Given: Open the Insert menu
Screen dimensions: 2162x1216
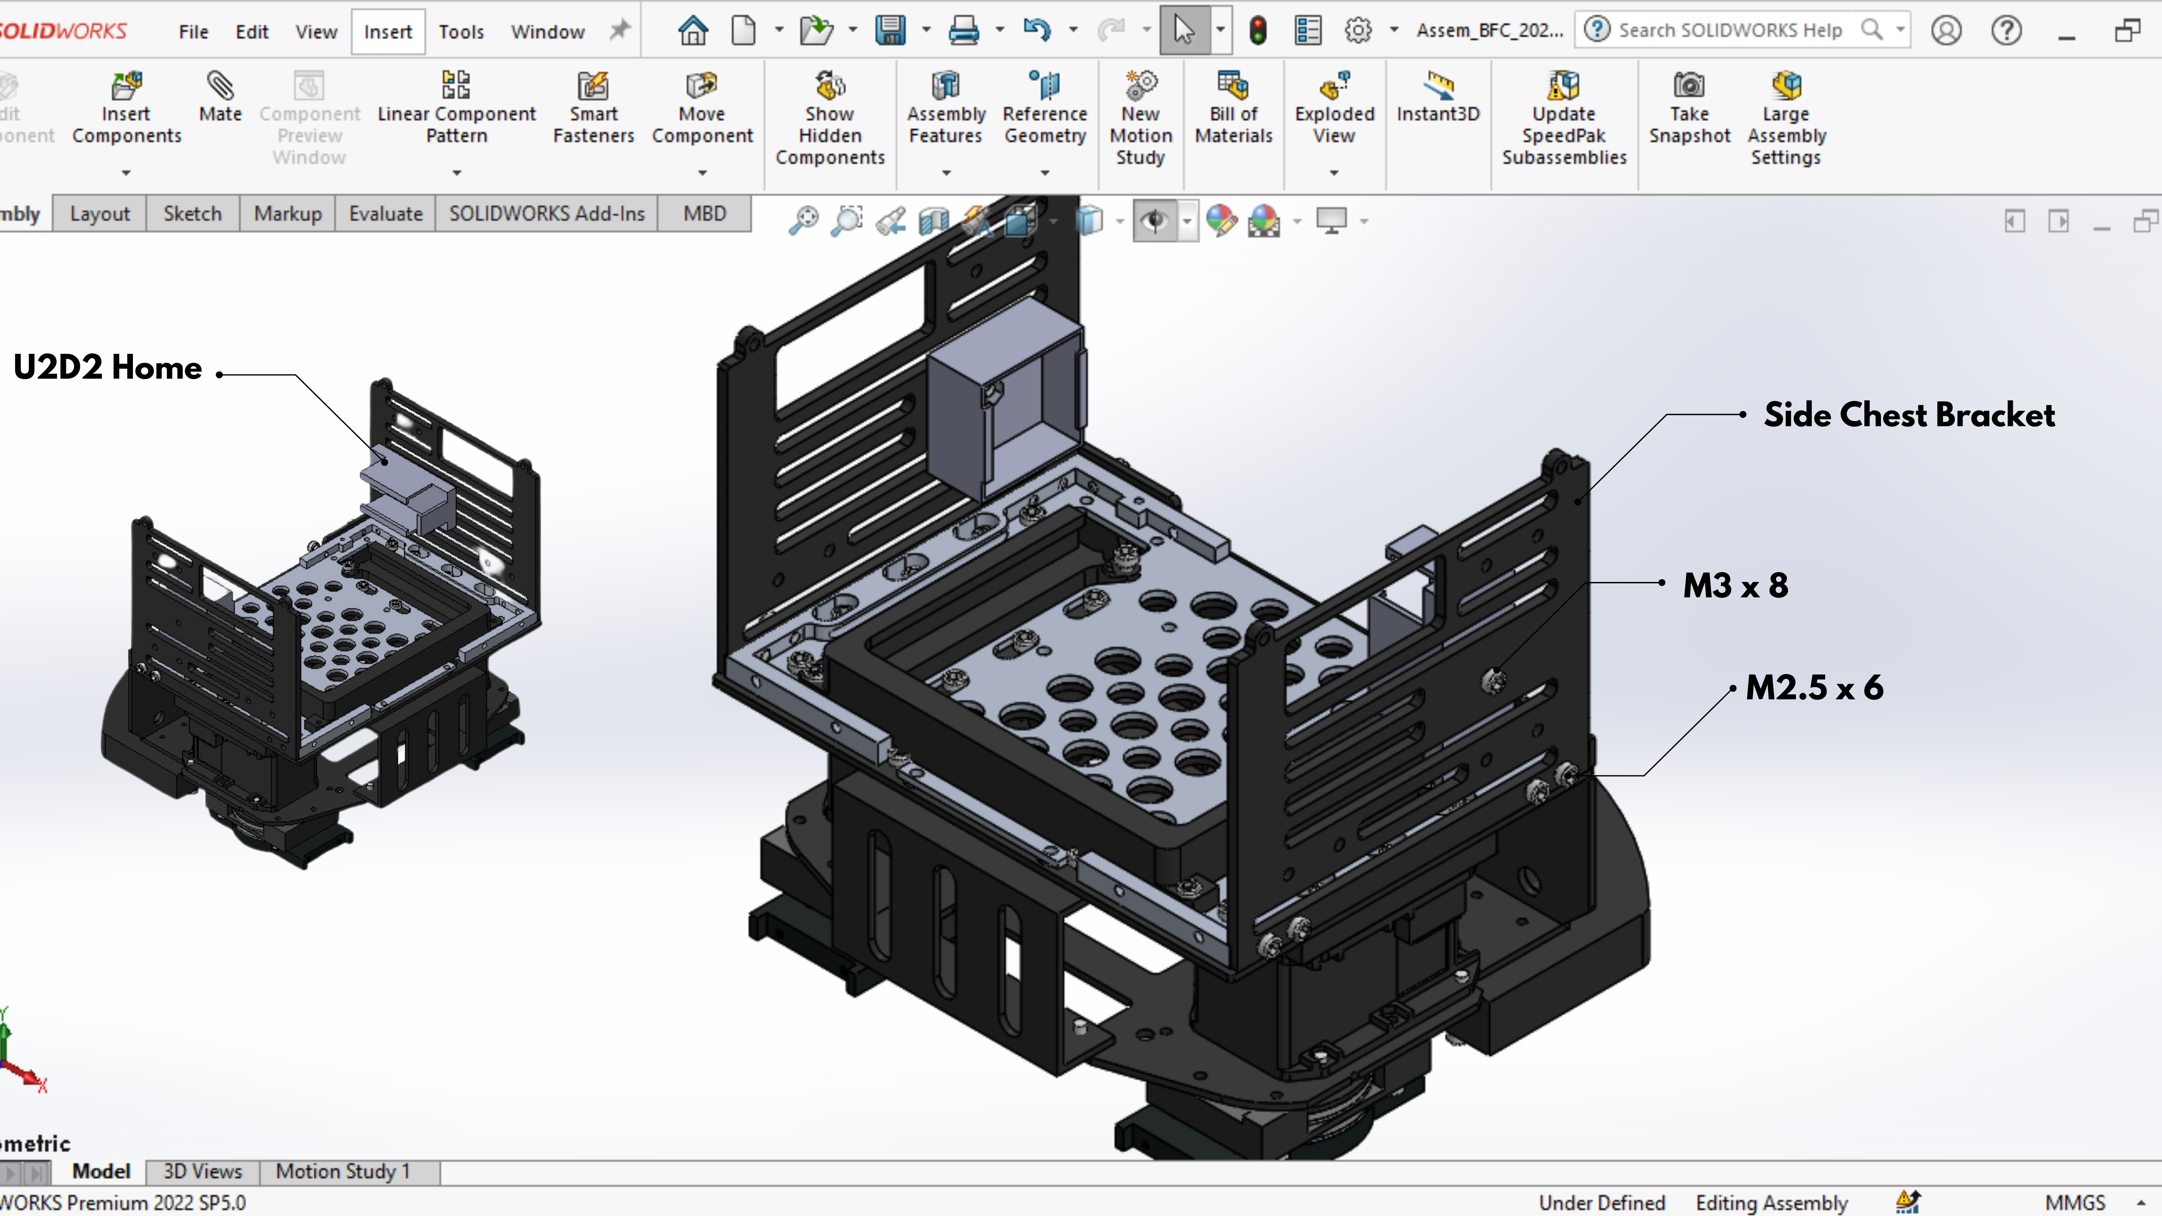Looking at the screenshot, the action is pos(388,32).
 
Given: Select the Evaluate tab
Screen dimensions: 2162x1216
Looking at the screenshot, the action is pos(385,214).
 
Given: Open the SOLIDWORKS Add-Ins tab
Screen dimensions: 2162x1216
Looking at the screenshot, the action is pos(546,214).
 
